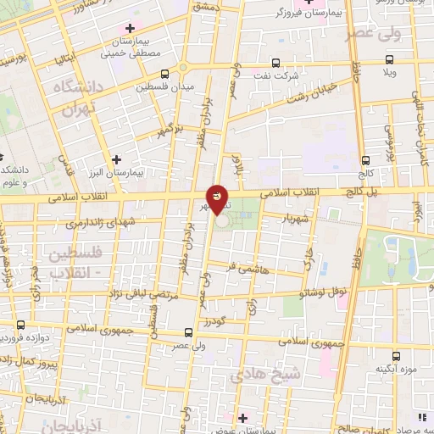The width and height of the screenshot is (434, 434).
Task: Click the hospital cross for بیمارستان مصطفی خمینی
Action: coord(129,29)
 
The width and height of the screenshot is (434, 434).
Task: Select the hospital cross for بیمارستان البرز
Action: coord(116,159)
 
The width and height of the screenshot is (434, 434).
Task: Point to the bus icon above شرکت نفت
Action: coord(275,63)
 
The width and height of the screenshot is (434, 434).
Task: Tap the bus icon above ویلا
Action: coord(389,59)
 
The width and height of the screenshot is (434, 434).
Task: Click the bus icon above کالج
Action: coord(365,159)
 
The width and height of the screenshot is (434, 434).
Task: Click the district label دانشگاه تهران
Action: coord(77,99)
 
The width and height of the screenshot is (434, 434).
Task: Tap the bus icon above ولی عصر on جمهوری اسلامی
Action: coord(188,333)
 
